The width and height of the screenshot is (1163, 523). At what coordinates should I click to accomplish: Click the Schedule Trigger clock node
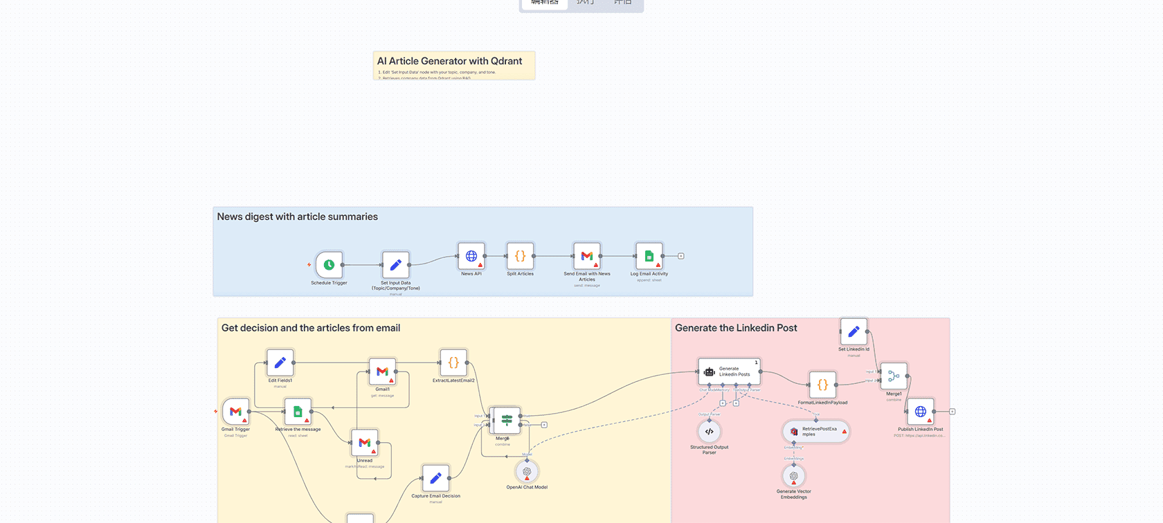330,265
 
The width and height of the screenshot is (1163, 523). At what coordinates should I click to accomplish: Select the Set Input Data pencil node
396,265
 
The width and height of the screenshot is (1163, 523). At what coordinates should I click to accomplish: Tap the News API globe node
471,256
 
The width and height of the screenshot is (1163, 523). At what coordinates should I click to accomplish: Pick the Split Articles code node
520,256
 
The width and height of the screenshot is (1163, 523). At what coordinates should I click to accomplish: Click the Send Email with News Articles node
587,256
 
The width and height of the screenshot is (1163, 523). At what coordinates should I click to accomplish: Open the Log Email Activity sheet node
649,256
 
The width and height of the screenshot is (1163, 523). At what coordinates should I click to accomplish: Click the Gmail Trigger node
235,412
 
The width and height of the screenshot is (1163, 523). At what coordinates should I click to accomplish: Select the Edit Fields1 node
280,363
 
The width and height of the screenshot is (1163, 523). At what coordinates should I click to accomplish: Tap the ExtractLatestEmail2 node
453,363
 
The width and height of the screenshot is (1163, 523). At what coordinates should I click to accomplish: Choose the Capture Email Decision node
435,478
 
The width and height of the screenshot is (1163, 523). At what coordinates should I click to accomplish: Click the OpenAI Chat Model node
527,472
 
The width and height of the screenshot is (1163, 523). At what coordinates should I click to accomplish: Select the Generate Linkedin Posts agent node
729,371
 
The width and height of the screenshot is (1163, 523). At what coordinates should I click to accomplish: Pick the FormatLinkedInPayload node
822,385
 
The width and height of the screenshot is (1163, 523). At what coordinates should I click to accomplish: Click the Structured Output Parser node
709,432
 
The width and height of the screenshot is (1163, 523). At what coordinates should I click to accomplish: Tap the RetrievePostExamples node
816,432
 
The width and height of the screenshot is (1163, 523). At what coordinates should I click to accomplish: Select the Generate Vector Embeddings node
794,476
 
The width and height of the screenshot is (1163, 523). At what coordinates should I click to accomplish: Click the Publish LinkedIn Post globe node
921,412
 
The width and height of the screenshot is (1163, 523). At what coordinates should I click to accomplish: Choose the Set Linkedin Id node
854,332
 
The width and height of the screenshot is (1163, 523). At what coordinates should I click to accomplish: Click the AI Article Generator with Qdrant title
449,61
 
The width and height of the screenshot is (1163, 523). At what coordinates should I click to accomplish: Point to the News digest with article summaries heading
298,217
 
